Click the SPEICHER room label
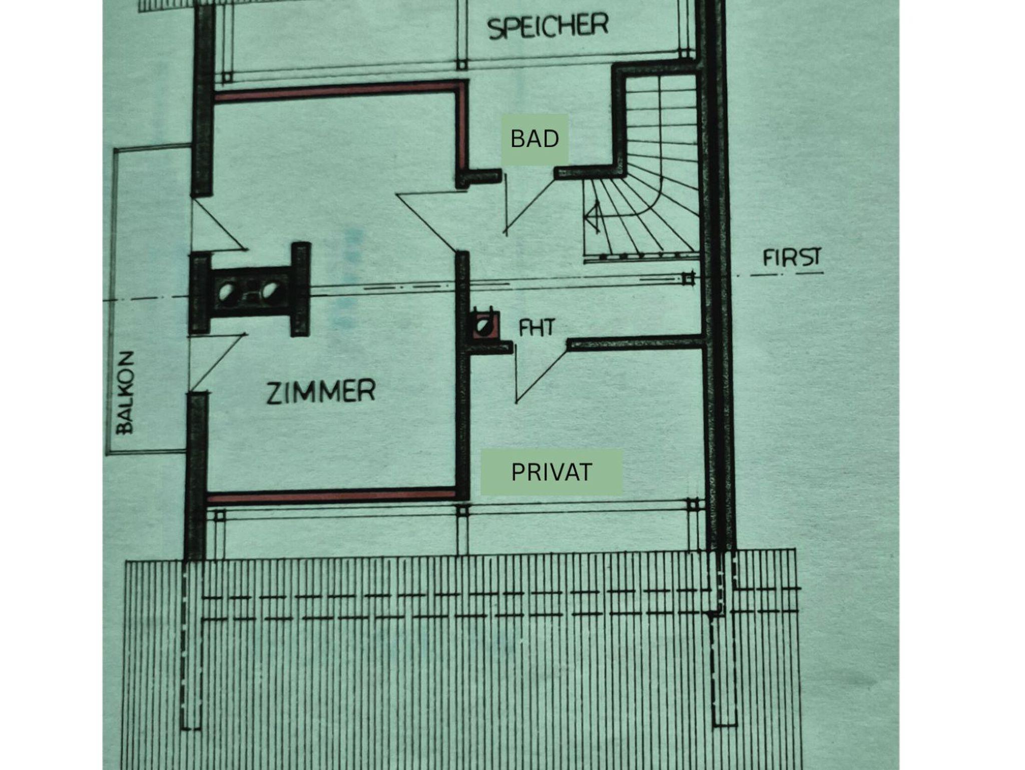[x=548, y=26]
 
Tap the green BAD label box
[x=535, y=139]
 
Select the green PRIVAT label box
[x=552, y=472]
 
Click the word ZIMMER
[x=321, y=392]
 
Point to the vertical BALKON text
[x=125, y=392]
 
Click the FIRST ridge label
[x=792, y=258]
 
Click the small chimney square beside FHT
[x=484, y=326]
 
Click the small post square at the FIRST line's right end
[x=689, y=278]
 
